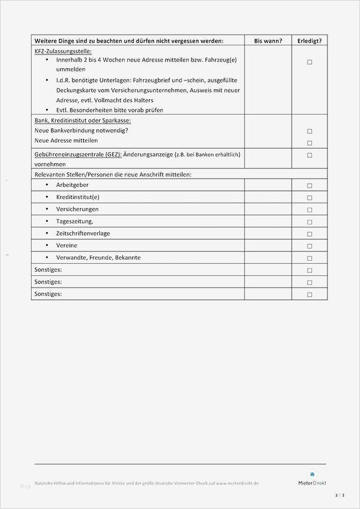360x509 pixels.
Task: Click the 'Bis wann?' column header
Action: click(268, 41)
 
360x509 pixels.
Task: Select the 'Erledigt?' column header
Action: click(310, 41)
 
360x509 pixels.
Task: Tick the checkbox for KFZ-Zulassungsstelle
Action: click(310, 62)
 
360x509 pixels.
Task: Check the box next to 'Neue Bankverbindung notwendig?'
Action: click(310, 131)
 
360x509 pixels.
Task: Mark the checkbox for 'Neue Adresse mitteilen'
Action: click(310, 143)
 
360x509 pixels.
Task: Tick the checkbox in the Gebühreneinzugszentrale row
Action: click(310, 155)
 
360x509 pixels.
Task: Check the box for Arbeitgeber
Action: click(310, 186)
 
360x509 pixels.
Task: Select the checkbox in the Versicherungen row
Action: click(310, 210)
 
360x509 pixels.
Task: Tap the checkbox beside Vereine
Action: click(310, 246)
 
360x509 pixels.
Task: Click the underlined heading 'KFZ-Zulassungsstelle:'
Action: click(63, 51)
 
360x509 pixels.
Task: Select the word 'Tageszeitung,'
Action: click(74, 221)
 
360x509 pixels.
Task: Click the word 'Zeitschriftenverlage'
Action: click(83, 234)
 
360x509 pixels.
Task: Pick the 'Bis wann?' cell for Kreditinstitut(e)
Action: click(268, 197)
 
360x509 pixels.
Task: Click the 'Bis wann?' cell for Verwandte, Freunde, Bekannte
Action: click(268, 258)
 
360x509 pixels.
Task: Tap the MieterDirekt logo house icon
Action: click(312, 474)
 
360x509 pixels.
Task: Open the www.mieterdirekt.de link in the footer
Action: click(237, 483)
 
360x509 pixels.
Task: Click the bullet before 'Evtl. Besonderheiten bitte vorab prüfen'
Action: click(47, 110)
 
